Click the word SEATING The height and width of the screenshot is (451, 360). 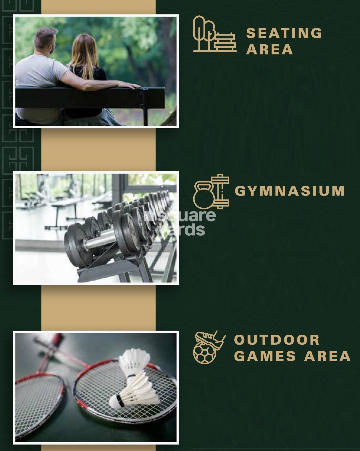pos(284,33)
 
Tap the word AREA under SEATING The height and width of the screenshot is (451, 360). pos(269,49)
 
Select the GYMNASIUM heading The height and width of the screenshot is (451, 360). pos(290,191)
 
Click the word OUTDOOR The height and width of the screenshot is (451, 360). pos(277,340)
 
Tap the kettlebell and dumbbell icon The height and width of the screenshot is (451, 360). pos(211,191)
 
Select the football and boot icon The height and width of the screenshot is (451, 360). pos(209,347)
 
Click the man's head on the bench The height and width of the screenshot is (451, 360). pos(46,41)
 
